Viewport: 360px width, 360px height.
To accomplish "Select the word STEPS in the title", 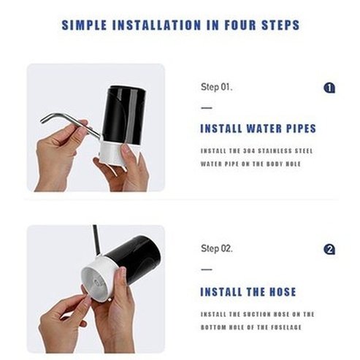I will (280, 25).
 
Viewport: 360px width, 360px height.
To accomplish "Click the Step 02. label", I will (217, 249).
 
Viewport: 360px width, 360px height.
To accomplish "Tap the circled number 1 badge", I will (329, 88).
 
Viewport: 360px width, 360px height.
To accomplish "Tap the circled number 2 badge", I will (329, 249).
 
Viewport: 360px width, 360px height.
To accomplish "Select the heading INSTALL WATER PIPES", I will (258, 129).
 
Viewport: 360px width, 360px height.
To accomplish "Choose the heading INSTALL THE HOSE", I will (248, 292).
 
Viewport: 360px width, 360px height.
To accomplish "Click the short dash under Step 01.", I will (206, 108).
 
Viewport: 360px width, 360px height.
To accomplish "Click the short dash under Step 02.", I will (206, 269).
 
